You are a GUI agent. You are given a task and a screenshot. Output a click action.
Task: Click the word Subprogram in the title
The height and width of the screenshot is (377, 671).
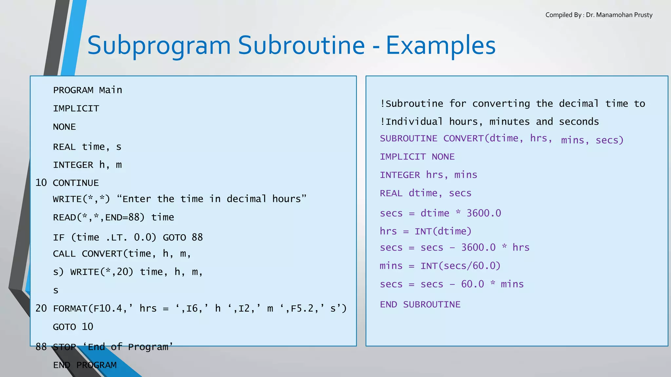159,45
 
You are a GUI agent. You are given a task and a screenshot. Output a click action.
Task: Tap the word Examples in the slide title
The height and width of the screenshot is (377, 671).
440,45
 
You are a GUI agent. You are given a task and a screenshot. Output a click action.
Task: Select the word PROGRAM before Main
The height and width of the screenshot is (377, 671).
73,90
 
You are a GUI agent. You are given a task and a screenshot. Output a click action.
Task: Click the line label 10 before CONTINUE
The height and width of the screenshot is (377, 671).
41,183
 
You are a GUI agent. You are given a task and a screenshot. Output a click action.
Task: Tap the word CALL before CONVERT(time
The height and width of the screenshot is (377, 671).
64,254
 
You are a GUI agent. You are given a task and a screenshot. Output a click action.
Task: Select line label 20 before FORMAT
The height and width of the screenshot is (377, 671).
41,308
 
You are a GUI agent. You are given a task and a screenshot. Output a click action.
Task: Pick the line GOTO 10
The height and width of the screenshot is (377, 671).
73,327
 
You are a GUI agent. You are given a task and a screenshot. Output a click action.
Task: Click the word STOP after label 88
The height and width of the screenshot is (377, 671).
64,347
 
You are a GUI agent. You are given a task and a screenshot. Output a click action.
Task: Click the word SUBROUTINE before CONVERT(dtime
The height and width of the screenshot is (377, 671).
408,138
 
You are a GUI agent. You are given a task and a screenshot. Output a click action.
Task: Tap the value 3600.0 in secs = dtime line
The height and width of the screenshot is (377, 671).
484,213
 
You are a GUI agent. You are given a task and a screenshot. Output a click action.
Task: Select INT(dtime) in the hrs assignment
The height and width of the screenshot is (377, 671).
443,231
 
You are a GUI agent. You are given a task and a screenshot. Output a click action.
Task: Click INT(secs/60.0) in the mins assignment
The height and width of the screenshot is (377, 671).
460,266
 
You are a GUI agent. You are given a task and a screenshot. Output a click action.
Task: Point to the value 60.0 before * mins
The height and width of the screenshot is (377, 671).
472,284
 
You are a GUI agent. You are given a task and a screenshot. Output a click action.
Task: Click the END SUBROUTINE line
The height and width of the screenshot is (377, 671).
420,305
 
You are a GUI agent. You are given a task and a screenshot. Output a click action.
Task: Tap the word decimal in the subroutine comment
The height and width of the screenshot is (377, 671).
579,104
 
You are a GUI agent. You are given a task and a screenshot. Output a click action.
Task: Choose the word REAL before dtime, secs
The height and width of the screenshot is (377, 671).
391,193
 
